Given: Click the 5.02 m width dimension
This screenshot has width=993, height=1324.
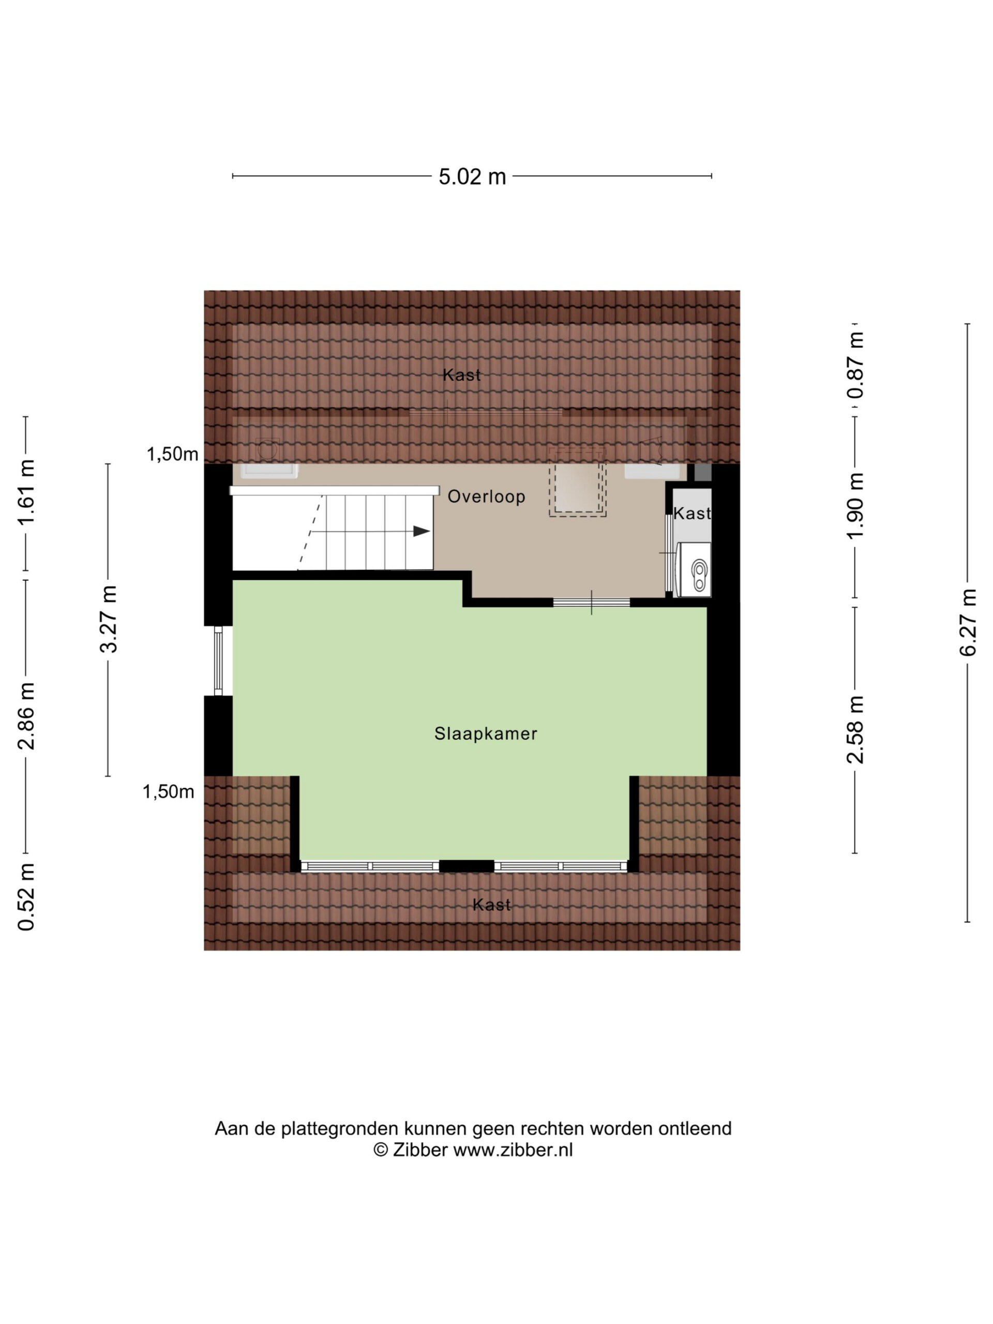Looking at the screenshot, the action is (x=472, y=176).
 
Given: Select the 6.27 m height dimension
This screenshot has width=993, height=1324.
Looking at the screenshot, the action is (x=968, y=623).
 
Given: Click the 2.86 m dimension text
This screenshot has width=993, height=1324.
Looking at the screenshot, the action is (x=26, y=716).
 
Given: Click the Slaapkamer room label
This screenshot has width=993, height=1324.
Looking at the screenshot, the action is (x=486, y=734).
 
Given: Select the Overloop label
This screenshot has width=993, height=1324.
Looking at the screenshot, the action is (x=487, y=496).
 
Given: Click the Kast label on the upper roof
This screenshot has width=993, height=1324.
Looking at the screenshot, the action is (x=461, y=375).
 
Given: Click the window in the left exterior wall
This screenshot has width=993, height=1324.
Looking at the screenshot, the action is (x=218, y=661).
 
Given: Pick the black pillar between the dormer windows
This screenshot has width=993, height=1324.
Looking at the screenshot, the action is (x=467, y=865).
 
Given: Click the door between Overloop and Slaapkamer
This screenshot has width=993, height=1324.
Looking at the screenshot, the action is (x=591, y=602).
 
